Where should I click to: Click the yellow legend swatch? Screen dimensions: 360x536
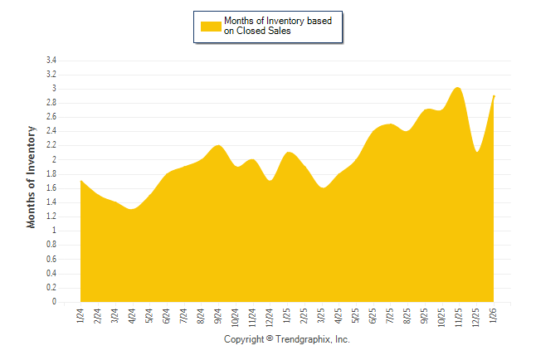211,27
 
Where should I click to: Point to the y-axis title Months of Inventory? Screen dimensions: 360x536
32,178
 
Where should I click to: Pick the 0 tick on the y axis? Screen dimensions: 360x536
54,302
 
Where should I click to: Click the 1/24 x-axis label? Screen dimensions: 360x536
80,316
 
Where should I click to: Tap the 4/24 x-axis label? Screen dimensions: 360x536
132,316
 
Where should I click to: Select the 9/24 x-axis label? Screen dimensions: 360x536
218,316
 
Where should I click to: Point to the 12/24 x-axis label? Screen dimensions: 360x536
270,318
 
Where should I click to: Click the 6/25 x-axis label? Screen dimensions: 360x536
373,316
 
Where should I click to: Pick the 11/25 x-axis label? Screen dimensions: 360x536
459,318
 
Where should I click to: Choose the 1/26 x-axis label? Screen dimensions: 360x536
494,316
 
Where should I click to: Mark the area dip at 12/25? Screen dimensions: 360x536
476,152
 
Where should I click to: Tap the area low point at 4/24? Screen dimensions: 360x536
132,209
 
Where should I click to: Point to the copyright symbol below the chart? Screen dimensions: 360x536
270,340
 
